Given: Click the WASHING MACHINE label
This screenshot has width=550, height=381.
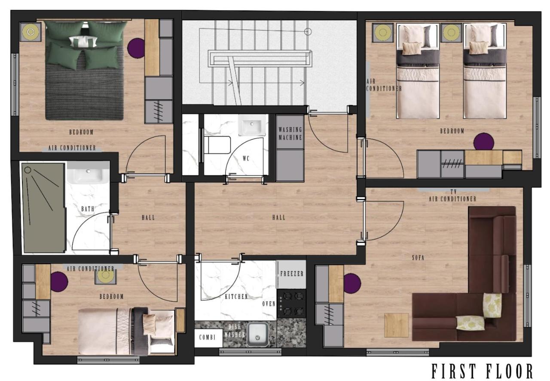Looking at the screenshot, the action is [290, 133].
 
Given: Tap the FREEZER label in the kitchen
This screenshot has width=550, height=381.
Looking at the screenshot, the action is [292, 274].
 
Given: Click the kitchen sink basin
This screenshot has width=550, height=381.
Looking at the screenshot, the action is [257, 334].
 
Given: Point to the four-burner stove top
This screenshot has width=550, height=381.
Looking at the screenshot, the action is [292, 304].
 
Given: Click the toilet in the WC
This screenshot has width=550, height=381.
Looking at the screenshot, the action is [217, 145].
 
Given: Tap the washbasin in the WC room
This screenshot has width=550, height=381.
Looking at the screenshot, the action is [252, 125].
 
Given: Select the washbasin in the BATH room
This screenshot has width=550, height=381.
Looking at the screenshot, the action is [88, 173].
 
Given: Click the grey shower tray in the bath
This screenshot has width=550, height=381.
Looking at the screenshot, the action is [43, 208].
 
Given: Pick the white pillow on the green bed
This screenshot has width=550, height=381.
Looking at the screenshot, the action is [83, 41].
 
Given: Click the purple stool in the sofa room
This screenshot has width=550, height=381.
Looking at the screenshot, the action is [352, 283].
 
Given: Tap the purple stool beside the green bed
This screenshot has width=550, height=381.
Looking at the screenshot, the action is [136, 48].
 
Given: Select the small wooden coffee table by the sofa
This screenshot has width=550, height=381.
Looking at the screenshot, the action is [396, 325].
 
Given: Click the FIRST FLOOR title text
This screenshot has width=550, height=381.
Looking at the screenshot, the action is [482, 371].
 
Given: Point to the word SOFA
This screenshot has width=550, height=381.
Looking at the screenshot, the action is [418, 258].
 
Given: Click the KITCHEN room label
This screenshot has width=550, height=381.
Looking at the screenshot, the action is [236, 296].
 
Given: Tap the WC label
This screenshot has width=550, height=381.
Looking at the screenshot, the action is [246, 158].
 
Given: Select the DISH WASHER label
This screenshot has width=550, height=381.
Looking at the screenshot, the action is [235, 331].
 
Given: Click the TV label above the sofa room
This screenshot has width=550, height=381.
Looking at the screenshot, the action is [453, 192].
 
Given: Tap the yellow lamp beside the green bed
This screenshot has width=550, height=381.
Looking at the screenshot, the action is [31, 32].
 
